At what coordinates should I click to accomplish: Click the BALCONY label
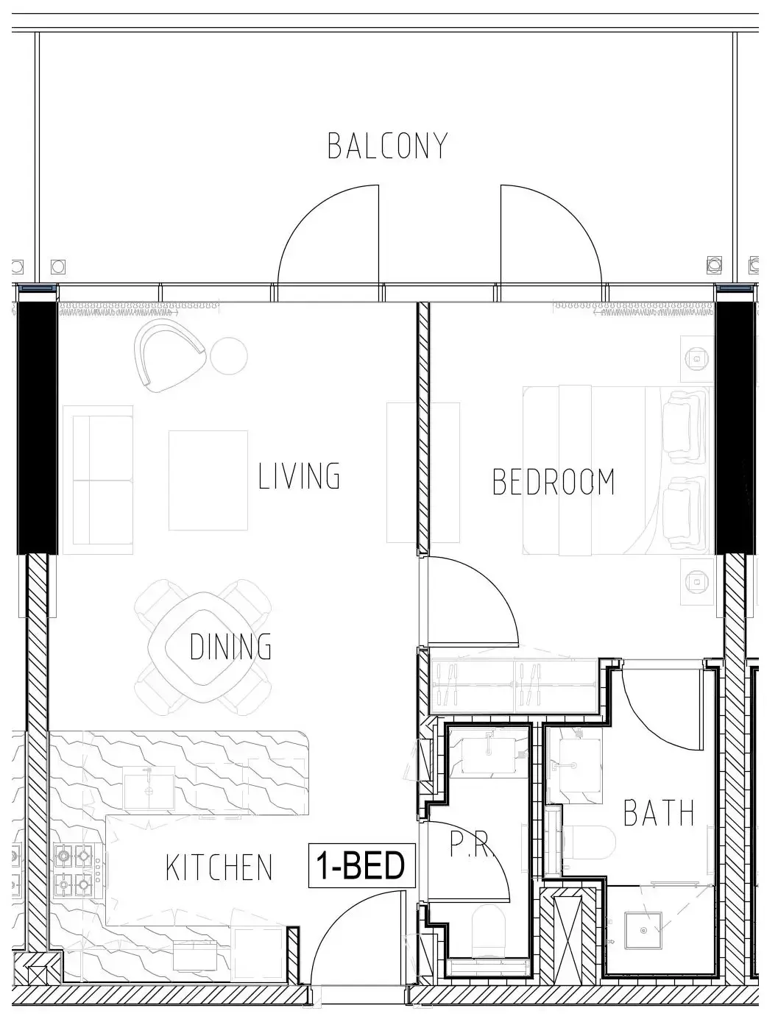tap(387, 146)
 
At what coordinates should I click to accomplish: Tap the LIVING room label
tap(299, 475)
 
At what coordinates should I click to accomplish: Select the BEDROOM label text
tap(554, 482)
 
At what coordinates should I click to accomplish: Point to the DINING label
tap(230, 646)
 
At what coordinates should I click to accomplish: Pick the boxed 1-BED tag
tap(361, 865)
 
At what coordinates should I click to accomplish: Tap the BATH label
tap(658, 812)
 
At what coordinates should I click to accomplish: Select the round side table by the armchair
tap(229, 356)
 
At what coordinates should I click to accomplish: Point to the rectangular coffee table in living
tap(208, 480)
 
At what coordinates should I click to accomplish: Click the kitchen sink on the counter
tap(149, 787)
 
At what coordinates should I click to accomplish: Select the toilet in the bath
tap(589, 842)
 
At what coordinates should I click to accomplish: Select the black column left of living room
tap(38, 428)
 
